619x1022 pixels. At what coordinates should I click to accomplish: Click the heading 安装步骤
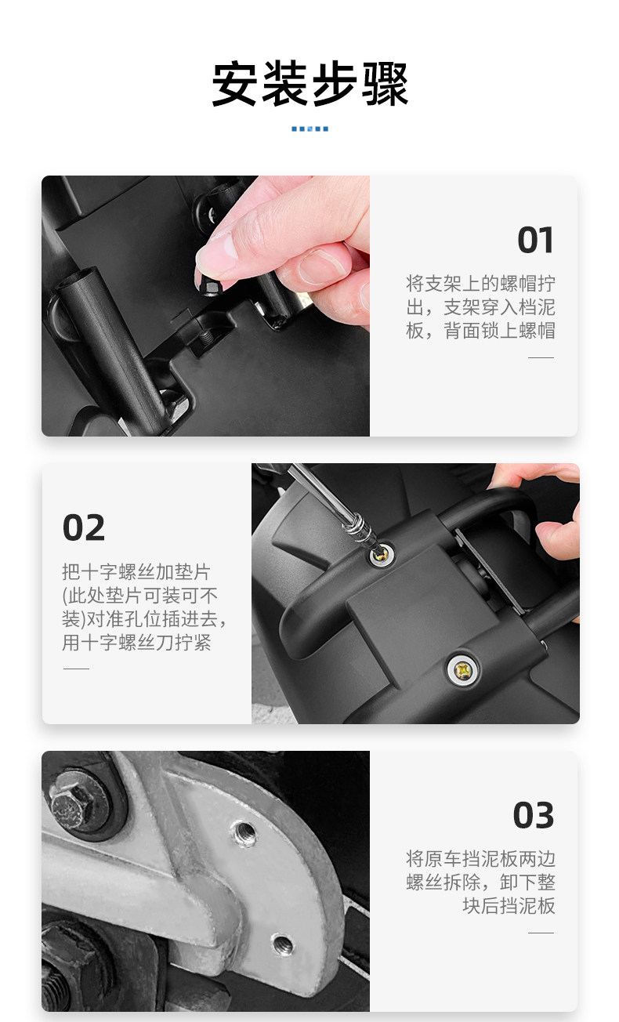[309, 85]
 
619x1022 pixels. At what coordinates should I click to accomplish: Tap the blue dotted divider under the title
[309, 129]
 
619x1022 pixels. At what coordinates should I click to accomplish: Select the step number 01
[535, 240]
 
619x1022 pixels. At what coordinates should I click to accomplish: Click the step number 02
[84, 527]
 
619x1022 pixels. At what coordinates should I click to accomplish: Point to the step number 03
[534, 815]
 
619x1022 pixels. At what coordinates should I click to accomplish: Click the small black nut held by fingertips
[209, 287]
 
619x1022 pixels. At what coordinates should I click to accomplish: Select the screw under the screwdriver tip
[382, 554]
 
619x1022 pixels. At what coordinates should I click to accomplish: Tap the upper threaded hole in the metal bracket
[244, 834]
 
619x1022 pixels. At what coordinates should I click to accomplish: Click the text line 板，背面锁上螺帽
[480, 331]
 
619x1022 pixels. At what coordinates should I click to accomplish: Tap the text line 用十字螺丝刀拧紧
[136, 643]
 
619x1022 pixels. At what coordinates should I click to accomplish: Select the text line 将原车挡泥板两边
[480, 858]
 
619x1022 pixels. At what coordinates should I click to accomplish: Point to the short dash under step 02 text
[76, 669]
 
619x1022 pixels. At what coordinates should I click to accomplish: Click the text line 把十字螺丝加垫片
[136, 571]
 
